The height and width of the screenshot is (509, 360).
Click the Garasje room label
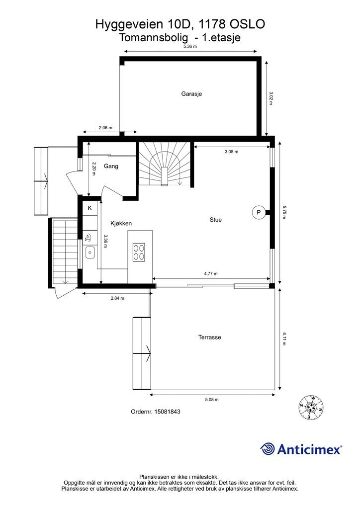pos(191,94)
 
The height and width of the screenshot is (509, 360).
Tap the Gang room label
pos(111,166)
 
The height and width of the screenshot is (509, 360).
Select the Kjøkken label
pos(121,223)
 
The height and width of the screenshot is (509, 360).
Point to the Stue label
pos(215,220)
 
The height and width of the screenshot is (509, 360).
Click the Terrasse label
pos(210,338)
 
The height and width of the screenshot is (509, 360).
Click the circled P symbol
pos(259,213)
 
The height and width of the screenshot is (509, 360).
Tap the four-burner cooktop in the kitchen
pos(139,252)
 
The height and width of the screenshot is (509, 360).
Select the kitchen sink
pos(90,252)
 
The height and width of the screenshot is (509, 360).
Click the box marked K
pos(90,208)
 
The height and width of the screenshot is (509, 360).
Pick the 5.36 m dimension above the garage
pos(190,46)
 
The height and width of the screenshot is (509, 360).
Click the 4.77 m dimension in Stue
pos(211,274)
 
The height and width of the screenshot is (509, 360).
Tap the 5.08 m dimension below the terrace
pos(212,400)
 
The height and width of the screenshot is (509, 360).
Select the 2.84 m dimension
pos(117,298)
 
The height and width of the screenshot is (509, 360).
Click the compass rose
pos(311,407)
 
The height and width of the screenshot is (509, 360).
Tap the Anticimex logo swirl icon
pos(268,449)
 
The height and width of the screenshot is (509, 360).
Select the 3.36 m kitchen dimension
pos(105,241)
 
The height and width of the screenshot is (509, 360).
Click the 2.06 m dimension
pos(105,128)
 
